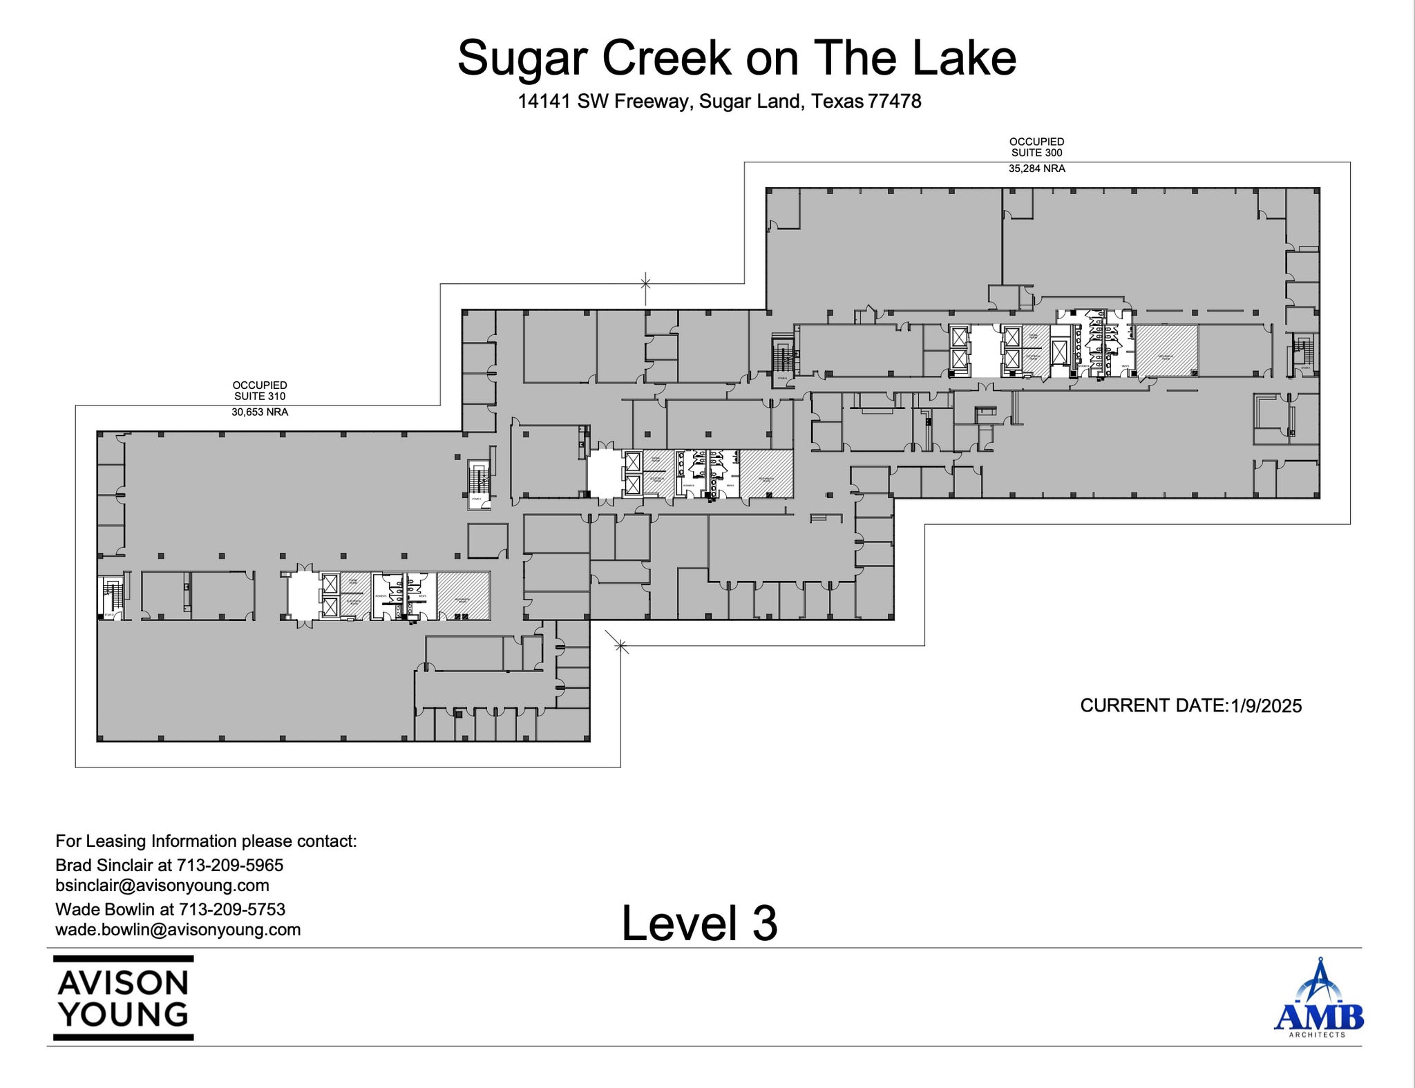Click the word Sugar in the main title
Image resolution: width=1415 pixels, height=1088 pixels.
pos(524,58)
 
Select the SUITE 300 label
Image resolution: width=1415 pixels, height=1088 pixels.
pos(1036,153)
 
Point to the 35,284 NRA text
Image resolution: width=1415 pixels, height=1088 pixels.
pos(1036,169)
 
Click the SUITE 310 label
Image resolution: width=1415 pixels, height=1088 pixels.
pos(259,397)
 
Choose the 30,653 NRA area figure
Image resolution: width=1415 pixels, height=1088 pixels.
pos(259,412)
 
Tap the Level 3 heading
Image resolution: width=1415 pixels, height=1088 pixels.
pos(699,923)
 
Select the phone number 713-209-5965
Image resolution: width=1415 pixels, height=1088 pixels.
pos(230,865)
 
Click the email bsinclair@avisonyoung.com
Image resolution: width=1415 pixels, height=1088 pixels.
pos(162,886)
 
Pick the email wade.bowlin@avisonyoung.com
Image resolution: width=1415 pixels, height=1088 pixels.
pos(178,930)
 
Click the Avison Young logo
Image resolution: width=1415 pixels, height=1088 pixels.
pos(124,998)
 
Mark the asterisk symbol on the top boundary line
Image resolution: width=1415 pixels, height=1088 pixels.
pos(645,283)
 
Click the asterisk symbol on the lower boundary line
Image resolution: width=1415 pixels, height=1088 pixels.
pos(620,647)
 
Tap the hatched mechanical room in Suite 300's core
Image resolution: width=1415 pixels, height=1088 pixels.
pos(1167,351)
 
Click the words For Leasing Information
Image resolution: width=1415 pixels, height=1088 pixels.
pos(146,841)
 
